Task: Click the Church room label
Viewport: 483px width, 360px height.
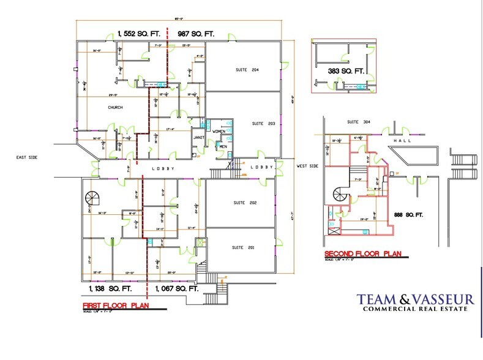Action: coord(115,107)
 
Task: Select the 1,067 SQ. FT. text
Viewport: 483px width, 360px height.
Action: coord(178,287)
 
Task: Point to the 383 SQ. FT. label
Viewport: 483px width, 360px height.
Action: coord(345,72)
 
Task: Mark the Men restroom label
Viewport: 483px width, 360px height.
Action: coord(223,146)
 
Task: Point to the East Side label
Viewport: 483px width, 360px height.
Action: coord(27,158)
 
